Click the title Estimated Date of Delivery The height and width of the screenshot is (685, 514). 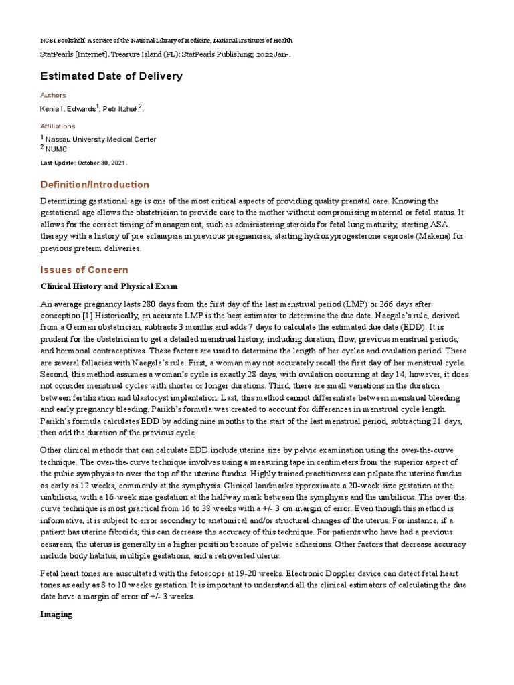[x=111, y=76]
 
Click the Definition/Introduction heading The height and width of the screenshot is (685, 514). [x=95, y=185]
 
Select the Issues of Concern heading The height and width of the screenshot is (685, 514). [x=84, y=270]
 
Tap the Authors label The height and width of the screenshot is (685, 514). [x=54, y=96]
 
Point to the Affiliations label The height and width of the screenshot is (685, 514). [x=58, y=126]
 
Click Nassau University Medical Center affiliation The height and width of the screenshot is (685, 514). [x=100, y=140]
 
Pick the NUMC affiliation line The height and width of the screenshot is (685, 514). [x=58, y=149]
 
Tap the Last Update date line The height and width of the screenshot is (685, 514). [x=84, y=163]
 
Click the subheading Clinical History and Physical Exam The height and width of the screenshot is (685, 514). [x=109, y=286]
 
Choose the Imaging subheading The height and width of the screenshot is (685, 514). [x=56, y=613]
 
